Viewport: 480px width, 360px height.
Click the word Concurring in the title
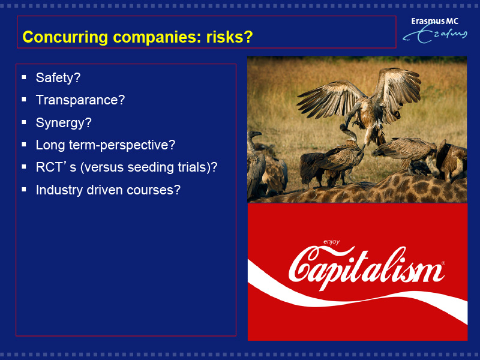[65, 37]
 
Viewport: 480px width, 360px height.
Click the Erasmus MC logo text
[434, 21]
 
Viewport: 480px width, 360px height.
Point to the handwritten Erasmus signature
[434, 34]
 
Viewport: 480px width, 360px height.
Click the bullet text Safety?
[58, 78]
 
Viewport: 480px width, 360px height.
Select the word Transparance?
[80, 100]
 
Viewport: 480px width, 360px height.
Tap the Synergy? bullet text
[64, 123]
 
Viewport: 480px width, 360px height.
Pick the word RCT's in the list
[56, 167]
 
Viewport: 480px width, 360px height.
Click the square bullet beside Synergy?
[24, 122]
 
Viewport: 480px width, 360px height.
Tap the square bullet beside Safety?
[24, 77]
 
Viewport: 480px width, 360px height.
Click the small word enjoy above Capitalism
[332, 242]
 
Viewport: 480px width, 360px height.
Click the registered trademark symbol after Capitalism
[443, 263]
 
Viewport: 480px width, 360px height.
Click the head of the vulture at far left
[254, 134]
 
